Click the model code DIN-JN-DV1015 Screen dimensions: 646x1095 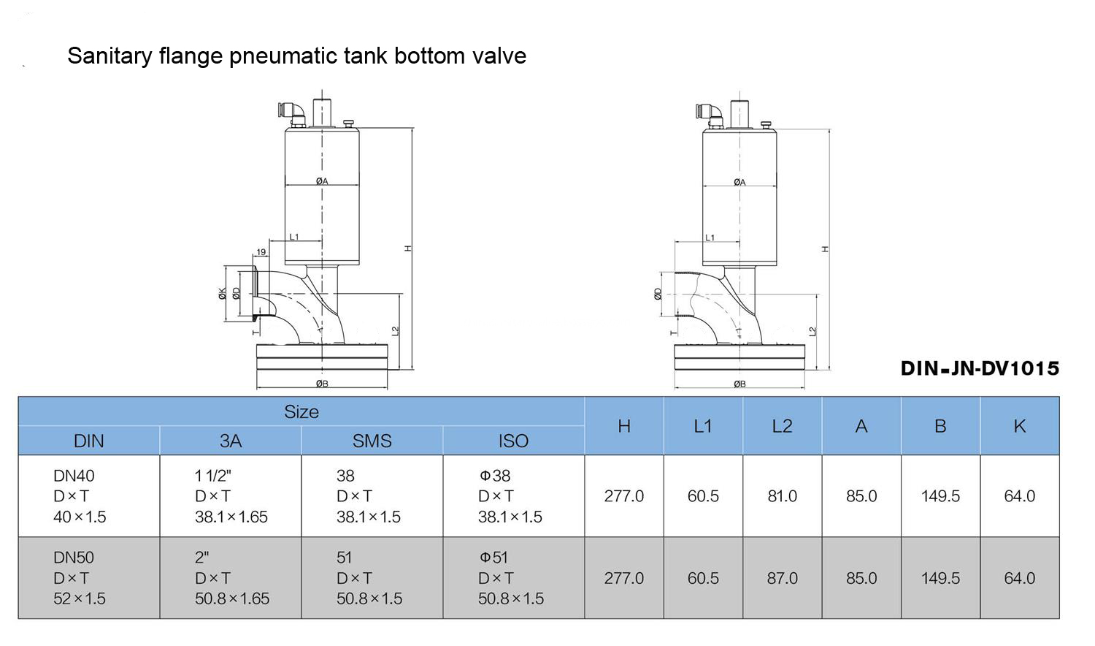980,368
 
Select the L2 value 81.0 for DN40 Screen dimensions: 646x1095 782,496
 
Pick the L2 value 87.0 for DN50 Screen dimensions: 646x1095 782,578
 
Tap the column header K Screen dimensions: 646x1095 1020,426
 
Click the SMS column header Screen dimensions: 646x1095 372,441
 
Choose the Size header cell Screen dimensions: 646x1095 301,412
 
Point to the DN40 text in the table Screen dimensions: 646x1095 74,476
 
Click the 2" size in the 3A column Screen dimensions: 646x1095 202,558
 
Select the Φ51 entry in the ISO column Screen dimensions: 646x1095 494,558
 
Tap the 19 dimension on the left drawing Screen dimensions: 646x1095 261,252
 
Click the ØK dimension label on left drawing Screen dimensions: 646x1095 222,293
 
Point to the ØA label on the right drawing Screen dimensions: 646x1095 739,182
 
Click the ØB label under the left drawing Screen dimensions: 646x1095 322,384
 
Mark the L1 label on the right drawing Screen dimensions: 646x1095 710,237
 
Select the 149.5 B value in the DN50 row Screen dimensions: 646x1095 940,578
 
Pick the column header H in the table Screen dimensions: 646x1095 623,426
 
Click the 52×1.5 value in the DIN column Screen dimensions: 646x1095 80,598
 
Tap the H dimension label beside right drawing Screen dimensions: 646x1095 825,249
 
